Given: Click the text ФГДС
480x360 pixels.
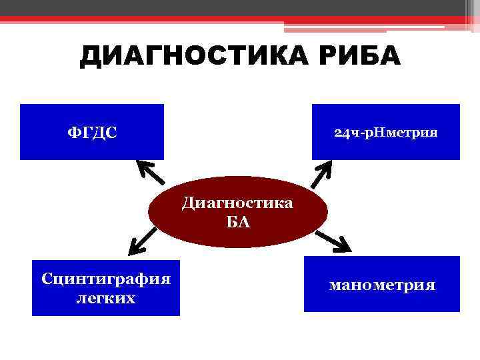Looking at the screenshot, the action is [91, 132].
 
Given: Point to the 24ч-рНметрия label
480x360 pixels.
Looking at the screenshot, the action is [385, 132].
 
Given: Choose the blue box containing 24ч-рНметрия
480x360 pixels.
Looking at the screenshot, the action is [385, 150].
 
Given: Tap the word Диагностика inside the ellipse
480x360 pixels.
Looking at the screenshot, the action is [237, 202].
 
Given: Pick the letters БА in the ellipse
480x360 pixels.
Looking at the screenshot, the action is [238, 222].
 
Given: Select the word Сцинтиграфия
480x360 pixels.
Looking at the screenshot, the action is [106, 278].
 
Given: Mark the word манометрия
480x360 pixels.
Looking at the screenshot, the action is [382, 285].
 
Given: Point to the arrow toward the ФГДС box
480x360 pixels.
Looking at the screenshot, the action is [152, 172].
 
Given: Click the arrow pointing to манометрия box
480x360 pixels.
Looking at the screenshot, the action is [333, 240].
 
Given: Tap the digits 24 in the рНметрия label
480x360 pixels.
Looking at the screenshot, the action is [340, 132].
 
